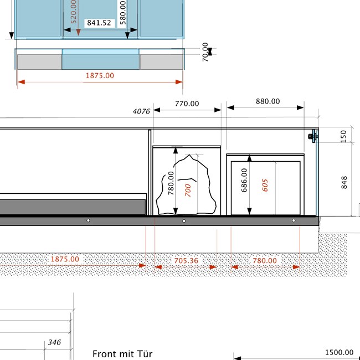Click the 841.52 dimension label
point(99,23)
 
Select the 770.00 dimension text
point(187,104)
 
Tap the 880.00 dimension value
point(268,101)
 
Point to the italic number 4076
point(141,111)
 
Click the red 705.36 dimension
point(186,261)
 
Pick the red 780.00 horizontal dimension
point(265,261)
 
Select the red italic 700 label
point(188,191)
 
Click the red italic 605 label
point(265,186)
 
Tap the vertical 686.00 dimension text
point(244,180)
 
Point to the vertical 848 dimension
point(344,183)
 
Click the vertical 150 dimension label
point(343,136)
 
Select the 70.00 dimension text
point(205,52)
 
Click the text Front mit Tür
point(122,354)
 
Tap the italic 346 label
point(54,342)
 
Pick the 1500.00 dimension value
point(339,352)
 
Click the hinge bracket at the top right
point(313,136)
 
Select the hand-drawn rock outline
point(186,185)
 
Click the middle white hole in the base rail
point(184,221)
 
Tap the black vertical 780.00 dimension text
point(171,183)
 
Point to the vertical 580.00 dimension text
point(123,13)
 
